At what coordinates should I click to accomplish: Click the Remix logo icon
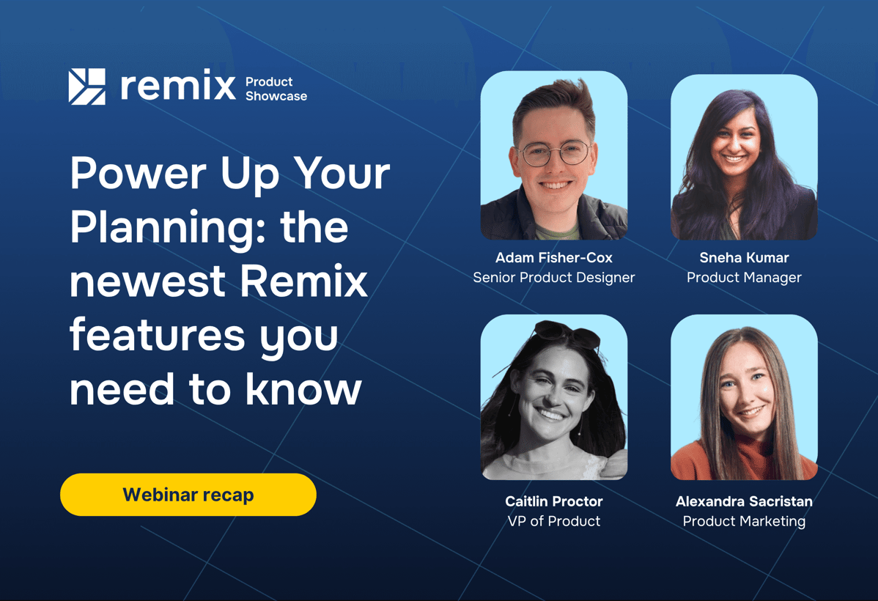(87, 86)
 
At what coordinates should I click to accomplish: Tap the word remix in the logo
(177, 86)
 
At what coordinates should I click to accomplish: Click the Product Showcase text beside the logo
(276, 89)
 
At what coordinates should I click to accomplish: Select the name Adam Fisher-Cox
(553, 258)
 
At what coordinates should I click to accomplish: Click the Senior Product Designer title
(553, 278)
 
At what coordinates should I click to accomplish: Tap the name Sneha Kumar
(744, 258)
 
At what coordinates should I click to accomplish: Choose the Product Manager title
(744, 278)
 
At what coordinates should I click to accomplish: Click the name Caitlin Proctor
(553, 502)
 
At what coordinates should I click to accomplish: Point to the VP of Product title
(553, 521)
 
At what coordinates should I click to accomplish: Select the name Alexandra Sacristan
(744, 502)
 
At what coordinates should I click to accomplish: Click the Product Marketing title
(744, 521)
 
